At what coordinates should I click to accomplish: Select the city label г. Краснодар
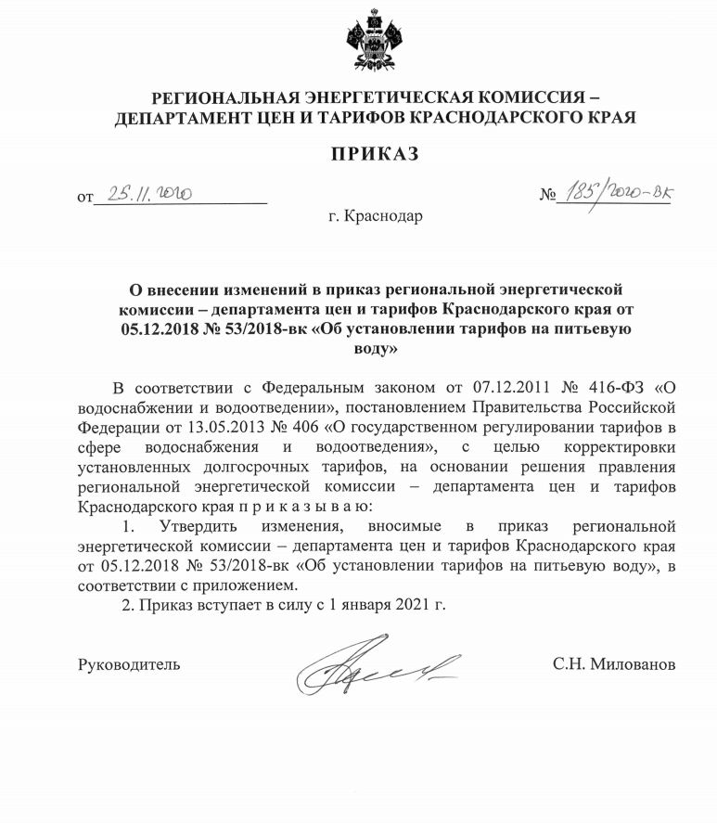tap(367, 217)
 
